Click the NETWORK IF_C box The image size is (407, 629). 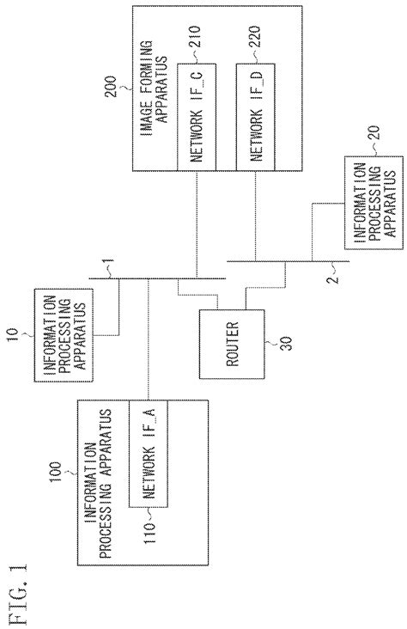point(195,118)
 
